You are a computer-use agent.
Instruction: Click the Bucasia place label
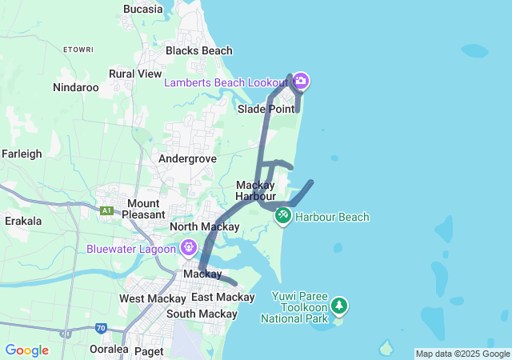tap(143, 9)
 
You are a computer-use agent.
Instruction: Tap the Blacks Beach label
tap(198, 50)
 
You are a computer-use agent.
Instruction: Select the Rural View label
tap(135, 74)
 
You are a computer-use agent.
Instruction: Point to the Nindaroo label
tap(75, 87)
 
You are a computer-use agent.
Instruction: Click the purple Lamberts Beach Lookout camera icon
tap(301, 81)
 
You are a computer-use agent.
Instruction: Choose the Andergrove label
tap(187, 158)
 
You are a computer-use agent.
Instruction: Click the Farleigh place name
tap(22, 154)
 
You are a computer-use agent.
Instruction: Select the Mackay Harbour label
tap(256, 190)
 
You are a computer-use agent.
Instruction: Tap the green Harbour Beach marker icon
tap(282, 216)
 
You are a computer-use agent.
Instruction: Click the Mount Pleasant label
tap(143, 209)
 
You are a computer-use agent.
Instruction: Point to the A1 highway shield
tap(106, 210)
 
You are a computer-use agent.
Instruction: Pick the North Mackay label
tap(205, 227)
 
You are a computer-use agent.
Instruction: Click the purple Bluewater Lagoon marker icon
tap(189, 248)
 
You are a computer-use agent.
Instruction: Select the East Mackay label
tap(222, 298)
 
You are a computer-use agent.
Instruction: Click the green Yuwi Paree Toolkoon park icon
tap(340, 305)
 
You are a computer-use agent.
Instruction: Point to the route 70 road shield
tap(101, 327)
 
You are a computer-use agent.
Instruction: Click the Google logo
tap(26, 350)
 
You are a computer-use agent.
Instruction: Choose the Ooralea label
tap(109, 350)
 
